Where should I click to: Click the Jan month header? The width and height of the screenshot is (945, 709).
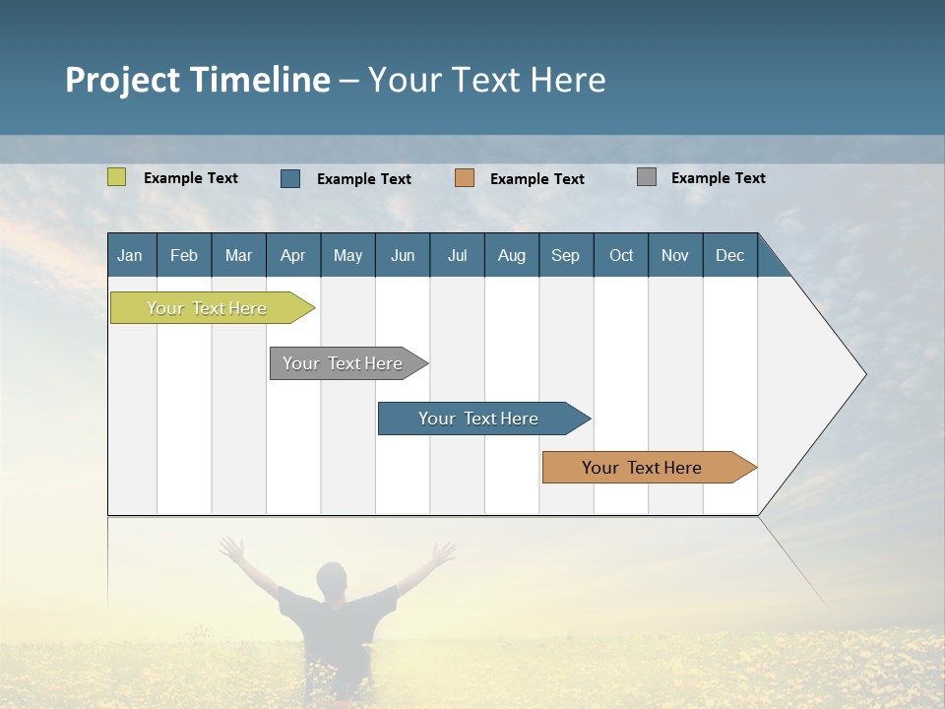point(130,255)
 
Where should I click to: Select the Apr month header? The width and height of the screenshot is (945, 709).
point(292,255)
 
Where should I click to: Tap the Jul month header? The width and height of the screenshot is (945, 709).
point(457,255)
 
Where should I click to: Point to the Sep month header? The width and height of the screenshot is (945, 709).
point(565,255)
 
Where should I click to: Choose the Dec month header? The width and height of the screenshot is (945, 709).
point(729,255)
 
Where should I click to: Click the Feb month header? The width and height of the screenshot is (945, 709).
point(184,255)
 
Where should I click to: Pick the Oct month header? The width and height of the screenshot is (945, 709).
point(621,255)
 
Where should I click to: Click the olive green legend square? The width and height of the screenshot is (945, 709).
point(116,177)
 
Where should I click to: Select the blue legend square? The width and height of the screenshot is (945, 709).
point(290,178)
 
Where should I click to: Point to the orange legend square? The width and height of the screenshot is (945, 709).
point(465,178)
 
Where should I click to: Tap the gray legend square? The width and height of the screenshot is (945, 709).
point(647,177)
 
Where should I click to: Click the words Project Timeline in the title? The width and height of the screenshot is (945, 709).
point(197,80)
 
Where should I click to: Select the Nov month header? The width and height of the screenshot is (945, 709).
point(675,255)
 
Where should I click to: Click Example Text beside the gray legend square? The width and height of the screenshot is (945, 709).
point(718,178)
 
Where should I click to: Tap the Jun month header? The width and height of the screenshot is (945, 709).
point(403,255)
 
